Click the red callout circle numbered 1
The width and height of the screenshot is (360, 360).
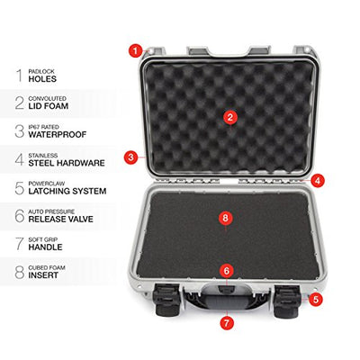[x=136, y=50]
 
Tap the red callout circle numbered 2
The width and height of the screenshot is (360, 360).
[x=230, y=118]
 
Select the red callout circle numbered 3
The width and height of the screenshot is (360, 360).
[x=130, y=157]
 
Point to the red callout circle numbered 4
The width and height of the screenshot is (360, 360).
[x=318, y=181]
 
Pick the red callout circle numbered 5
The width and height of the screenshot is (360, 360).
[x=316, y=299]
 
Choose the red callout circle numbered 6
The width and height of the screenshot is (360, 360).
[x=227, y=271]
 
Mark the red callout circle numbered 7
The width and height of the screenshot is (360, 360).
[x=227, y=323]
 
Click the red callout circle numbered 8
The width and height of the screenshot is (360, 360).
[x=226, y=218]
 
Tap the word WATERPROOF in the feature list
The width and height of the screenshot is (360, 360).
[x=58, y=135]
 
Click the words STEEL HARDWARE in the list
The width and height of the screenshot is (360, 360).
[x=67, y=163]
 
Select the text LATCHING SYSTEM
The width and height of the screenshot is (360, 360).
[x=67, y=191]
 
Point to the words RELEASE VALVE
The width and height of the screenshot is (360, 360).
[x=61, y=219]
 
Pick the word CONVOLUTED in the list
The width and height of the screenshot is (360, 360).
[x=48, y=98]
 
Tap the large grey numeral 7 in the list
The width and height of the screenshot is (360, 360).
[x=20, y=244]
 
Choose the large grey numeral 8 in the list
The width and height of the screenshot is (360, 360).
[x=20, y=272]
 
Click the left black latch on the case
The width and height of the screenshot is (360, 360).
[x=168, y=300]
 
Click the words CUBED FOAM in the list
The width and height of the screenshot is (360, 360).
[x=47, y=267]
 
